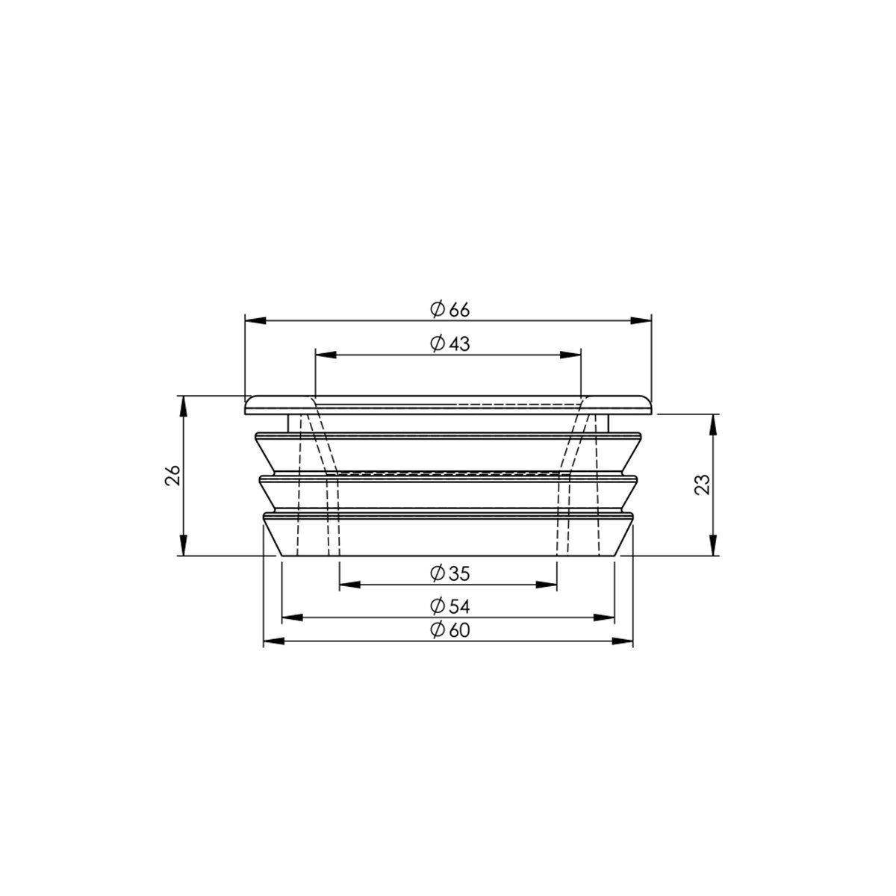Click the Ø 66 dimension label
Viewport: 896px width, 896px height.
[x=449, y=310]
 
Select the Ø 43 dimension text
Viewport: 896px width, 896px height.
[x=449, y=344]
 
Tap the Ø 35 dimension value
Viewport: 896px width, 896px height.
[x=449, y=573]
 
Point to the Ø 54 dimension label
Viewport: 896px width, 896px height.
[x=449, y=606]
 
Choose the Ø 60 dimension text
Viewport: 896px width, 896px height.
[x=449, y=630]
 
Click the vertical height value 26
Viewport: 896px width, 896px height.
[x=172, y=475]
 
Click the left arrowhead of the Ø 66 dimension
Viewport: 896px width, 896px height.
[x=255, y=320]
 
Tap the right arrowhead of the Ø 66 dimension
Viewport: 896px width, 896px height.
[x=641, y=320]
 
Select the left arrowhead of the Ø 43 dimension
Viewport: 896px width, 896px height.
[x=326, y=355]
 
